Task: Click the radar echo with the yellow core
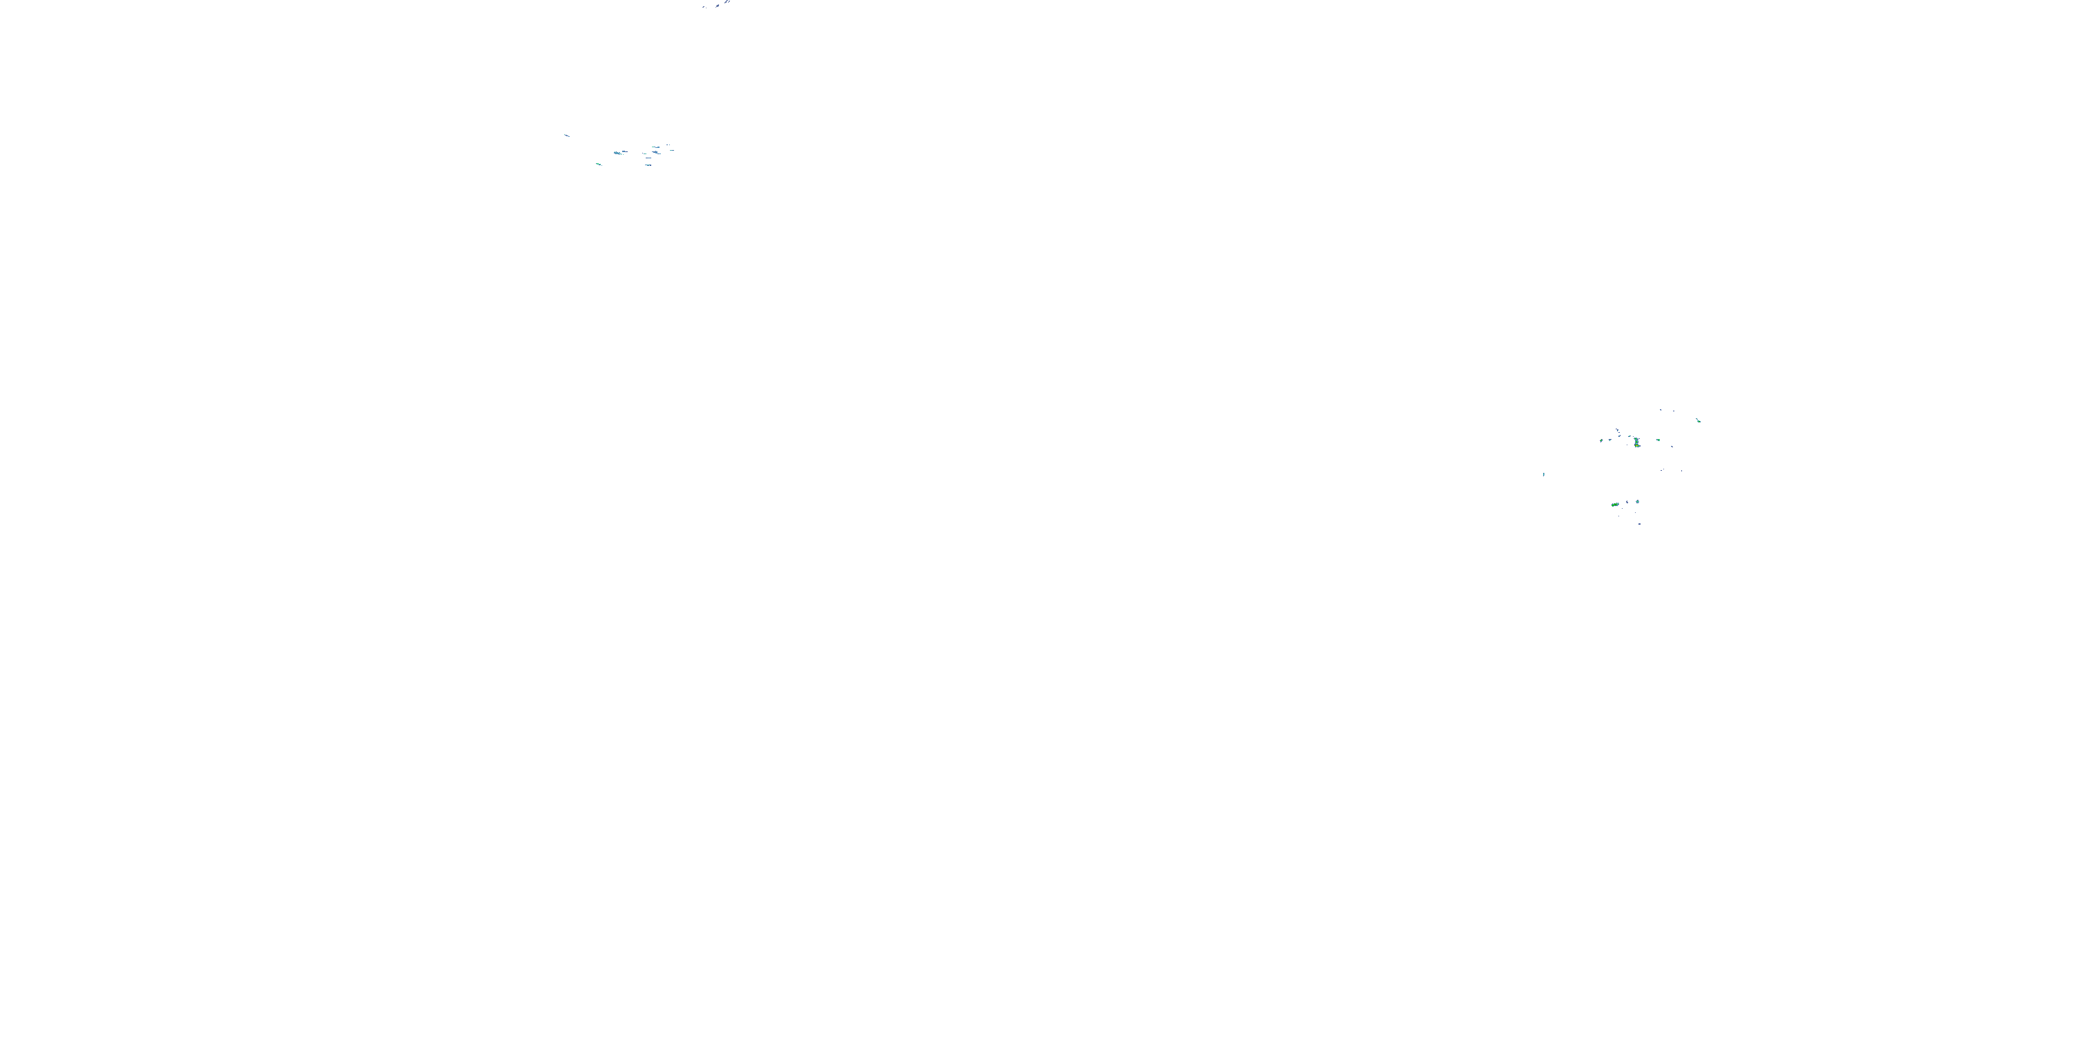tap(1637, 446)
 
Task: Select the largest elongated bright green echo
tap(1616, 505)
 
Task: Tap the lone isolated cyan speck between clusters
tap(1544, 474)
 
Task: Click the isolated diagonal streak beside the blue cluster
tap(568, 136)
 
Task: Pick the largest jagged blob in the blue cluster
tap(617, 153)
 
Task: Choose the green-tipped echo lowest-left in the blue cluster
tap(599, 165)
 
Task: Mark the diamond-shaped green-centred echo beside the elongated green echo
tap(1638, 502)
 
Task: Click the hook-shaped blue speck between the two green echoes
tap(1627, 503)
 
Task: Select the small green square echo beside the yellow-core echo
tap(1659, 440)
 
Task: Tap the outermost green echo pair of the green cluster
tap(1699, 421)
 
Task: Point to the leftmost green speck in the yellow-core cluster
tap(1601, 440)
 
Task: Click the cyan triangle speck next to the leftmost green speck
tap(1610, 440)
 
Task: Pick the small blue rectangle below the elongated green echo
tap(1640, 524)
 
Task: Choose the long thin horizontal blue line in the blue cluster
tap(649, 158)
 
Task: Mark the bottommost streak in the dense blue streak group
tap(649, 166)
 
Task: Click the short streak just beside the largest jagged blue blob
tap(626, 152)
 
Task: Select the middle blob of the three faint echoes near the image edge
tap(718, 6)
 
